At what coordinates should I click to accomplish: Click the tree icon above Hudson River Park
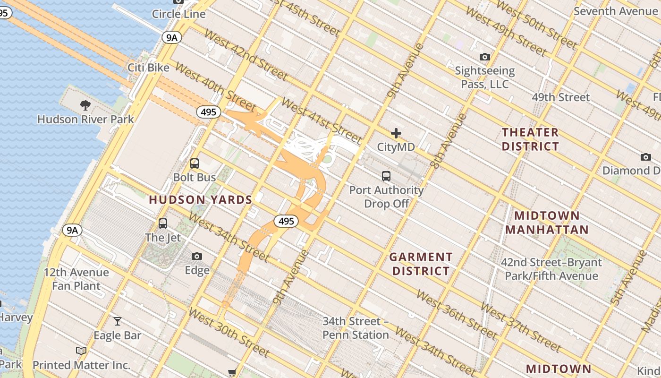85,105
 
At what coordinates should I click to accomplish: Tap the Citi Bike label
148,68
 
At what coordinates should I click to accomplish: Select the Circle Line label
178,14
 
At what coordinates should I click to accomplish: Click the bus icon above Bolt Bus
194,163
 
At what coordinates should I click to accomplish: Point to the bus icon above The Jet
163,223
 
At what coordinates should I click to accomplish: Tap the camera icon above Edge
197,256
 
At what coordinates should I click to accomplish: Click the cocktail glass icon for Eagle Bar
118,321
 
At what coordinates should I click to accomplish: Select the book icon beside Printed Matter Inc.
81,351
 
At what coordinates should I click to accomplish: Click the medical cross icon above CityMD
396,133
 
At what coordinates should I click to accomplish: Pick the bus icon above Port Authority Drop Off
386,176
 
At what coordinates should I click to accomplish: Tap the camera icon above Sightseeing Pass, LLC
484,57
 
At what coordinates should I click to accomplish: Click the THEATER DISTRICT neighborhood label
530,139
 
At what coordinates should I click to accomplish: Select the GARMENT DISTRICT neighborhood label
421,264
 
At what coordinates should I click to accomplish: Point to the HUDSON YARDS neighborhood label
201,200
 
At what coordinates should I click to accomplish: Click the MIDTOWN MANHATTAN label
547,223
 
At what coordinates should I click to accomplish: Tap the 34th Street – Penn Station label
356,328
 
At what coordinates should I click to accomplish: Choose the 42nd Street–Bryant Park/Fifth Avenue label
551,269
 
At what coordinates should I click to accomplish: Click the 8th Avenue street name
442,141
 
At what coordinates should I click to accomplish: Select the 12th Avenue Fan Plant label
76,279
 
